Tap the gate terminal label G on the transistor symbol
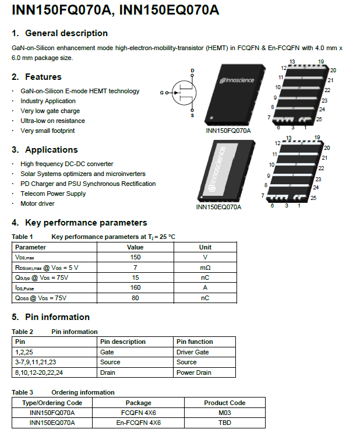[x=162, y=93]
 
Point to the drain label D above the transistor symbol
[x=192, y=71]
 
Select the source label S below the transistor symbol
[x=192, y=115]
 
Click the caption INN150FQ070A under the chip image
[x=228, y=131]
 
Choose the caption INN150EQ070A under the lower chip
[x=218, y=206]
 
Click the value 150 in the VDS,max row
[x=135, y=257]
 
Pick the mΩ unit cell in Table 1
[x=205, y=267]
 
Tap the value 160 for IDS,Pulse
[x=135, y=287]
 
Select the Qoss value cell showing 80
[x=135, y=298]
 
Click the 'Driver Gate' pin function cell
[x=192, y=352]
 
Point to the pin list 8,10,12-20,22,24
[x=39, y=372]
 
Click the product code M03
[x=224, y=413]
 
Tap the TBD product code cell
[x=224, y=423]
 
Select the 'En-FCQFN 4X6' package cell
[x=138, y=423]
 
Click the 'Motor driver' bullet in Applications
[x=37, y=203]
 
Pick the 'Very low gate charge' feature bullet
[x=50, y=111]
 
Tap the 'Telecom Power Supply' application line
[x=53, y=194]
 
